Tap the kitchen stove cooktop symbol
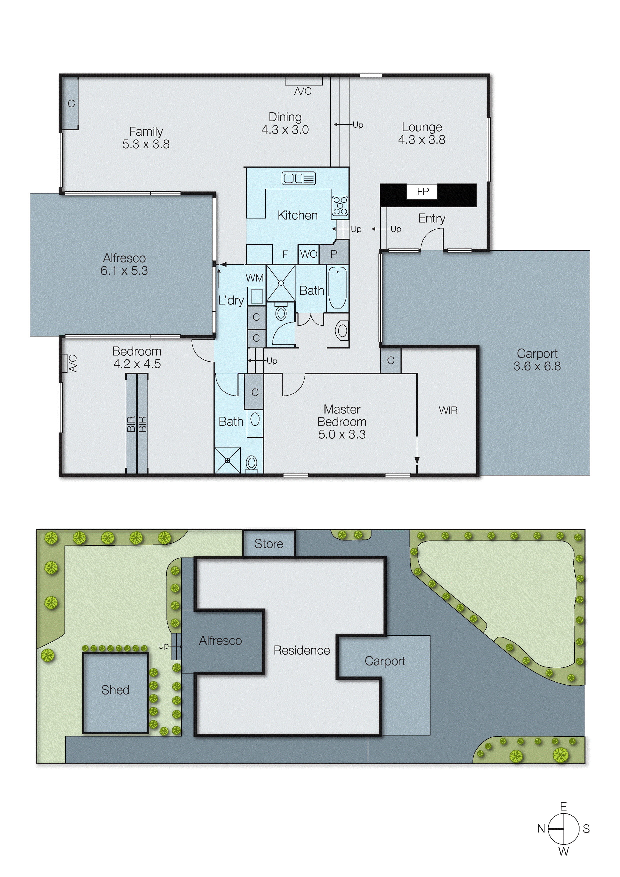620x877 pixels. pos(339,205)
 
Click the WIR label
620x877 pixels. pos(448,410)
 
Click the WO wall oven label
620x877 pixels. pos(308,254)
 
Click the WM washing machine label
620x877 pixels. pos(254,278)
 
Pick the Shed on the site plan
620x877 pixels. pos(115,690)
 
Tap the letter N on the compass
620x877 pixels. pos(541,828)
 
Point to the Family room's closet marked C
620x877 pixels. pos(71,103)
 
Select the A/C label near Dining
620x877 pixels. pos(302,91)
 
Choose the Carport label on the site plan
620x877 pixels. pos(385,661)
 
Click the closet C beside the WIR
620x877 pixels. pos(390,360)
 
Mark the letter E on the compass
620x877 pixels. pos(563,806)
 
